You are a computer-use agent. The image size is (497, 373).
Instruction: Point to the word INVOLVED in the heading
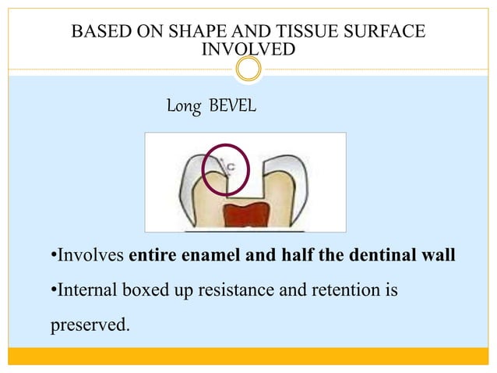pyautogui.click(x=248, y=49)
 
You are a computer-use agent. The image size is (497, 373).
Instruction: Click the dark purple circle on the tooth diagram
pyautogui.click(x=224, y=169)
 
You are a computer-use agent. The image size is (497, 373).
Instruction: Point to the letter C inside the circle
pyautogui.click(x=231, y=166)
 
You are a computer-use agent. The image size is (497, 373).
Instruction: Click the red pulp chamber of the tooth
pyautogui.click(x=245, y=215)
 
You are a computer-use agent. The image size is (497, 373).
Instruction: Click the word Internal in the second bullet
pyautogui.click(x=85, y=292)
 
